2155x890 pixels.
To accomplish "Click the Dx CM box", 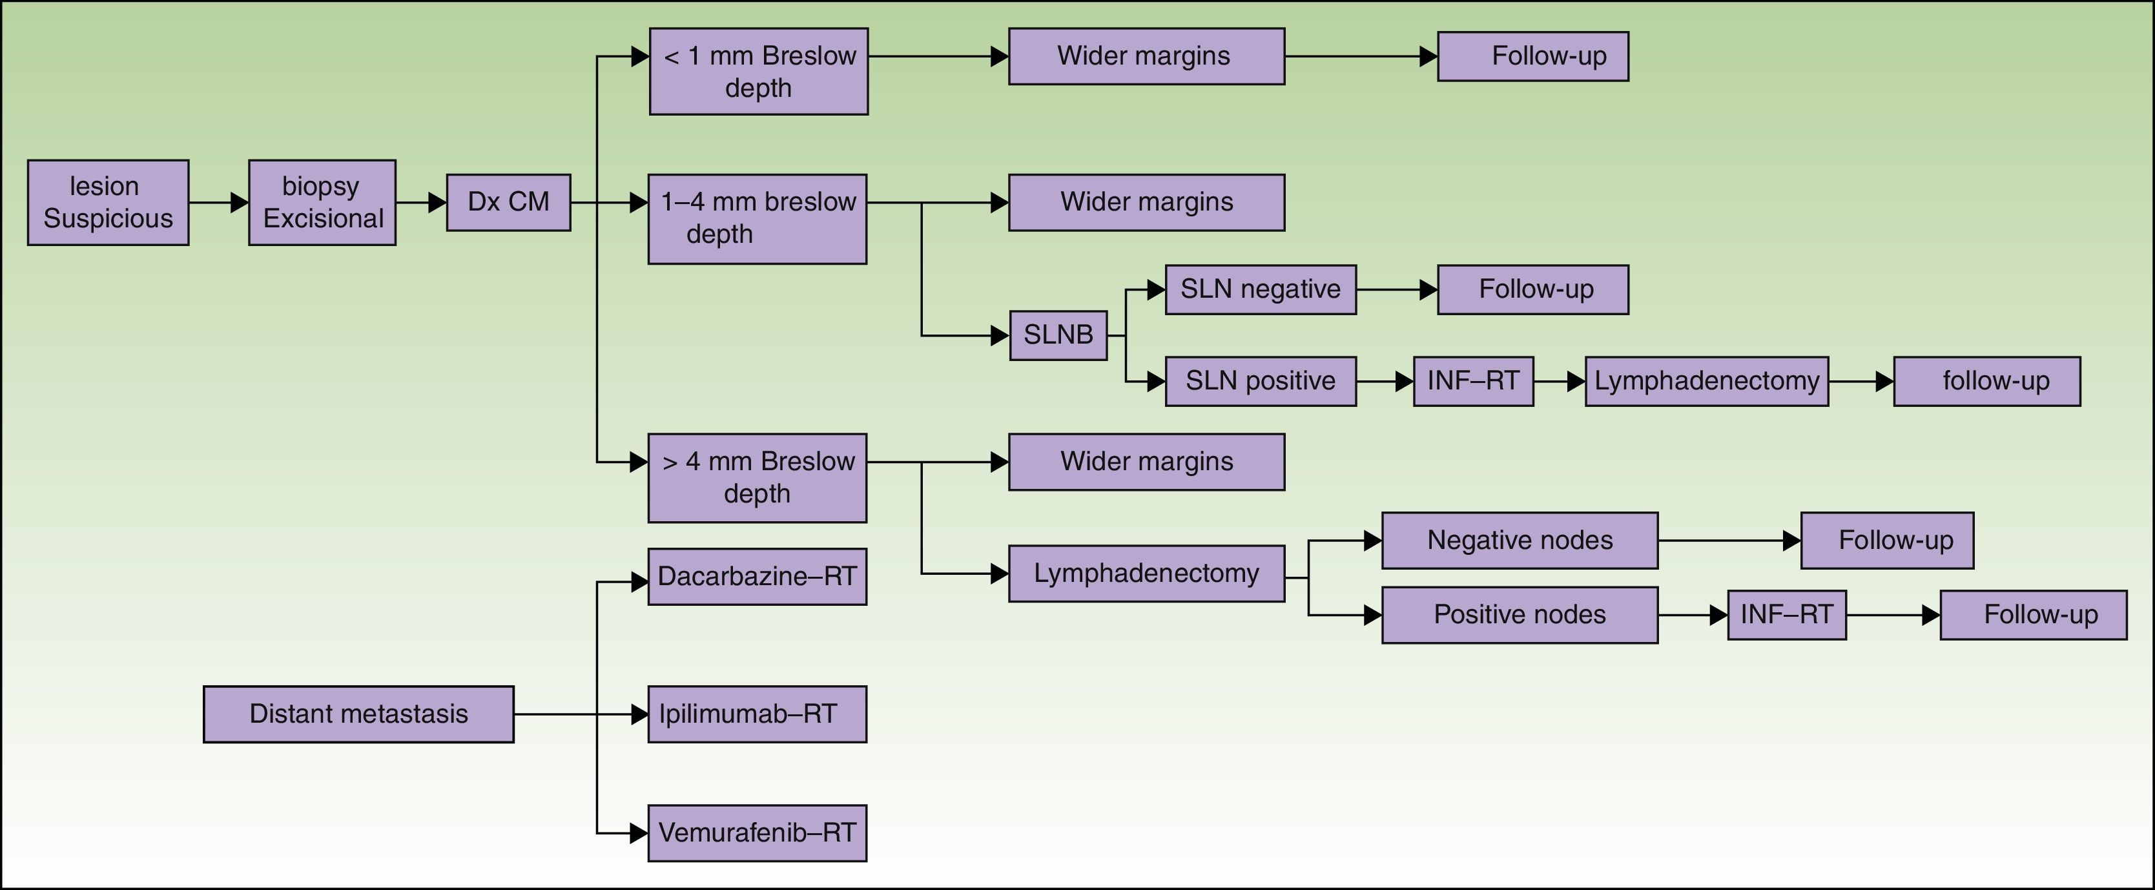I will click(509, 202).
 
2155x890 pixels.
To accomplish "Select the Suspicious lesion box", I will click(108, 202).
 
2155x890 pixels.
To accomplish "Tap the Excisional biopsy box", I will click(322, 202).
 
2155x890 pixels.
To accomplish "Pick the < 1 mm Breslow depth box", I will click(759, 71).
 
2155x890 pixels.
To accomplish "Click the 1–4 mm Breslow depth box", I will click(757, 218).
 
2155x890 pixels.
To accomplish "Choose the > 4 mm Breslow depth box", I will click(757, 478).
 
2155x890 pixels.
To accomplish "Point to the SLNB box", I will click(1058, 335).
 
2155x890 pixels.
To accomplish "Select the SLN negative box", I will click(1261, 289).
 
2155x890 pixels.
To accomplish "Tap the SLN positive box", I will click(1261, 382).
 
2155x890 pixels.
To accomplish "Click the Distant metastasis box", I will click(358, 714).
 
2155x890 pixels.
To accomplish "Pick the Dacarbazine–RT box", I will click(757, 576).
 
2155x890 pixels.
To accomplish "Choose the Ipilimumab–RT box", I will click(757, 714).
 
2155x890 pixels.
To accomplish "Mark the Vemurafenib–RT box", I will click(757, 833).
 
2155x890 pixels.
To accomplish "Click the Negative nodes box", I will click(1519, 541).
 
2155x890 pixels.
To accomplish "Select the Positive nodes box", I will click(1519, 615).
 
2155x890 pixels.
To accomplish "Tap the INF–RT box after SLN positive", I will click(1473, 382).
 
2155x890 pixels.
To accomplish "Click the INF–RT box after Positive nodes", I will click(1787, 615).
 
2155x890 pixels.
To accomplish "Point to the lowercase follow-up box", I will click(1987, 382).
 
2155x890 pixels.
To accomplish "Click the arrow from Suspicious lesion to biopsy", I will click(218, 202).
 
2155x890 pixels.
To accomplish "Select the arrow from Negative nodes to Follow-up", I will click(1728, 541).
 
